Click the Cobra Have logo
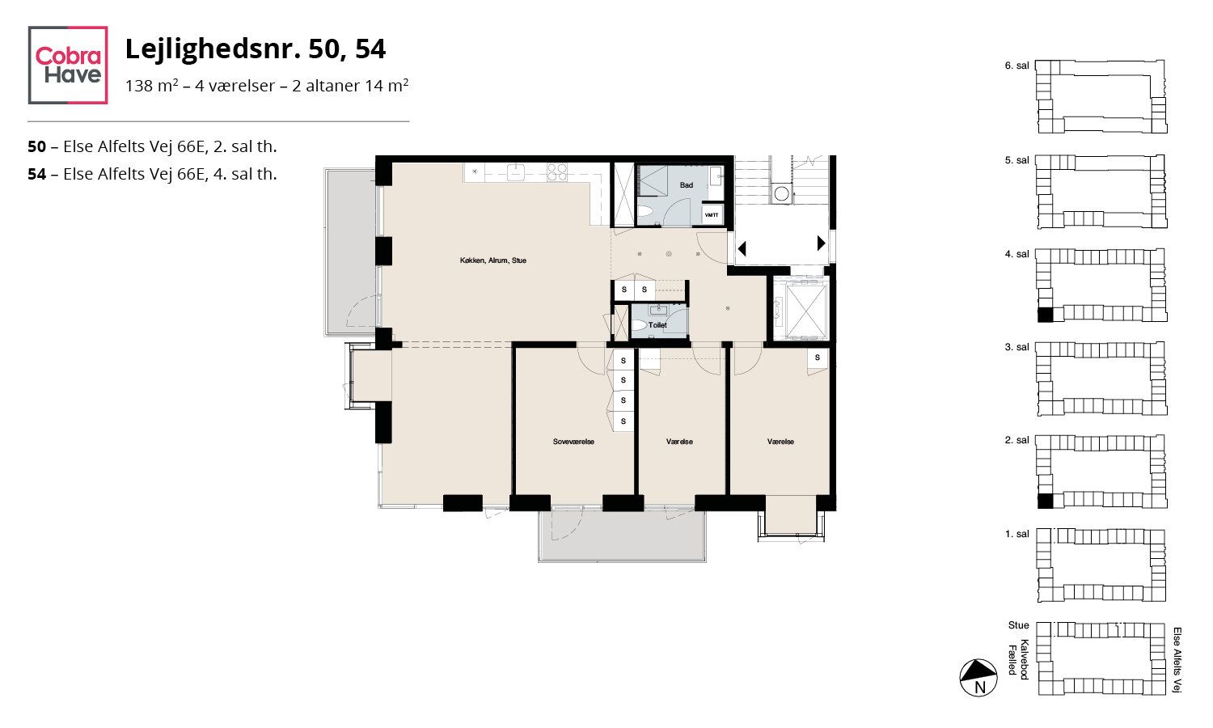pyautogui.click(x=68, y=65)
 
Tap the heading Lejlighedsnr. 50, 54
pyautogui.click(x=255, y=49)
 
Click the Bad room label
pyautogui.click(x=686, y=185)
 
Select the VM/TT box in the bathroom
pyautogui.click(x=712, y=215)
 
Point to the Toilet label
pyautogui.click(x=657, y=325)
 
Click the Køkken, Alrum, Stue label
pyautogui.click(x=492, y=260)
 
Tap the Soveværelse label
pyautogui.click(x=573, y=442)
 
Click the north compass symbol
pyautogui.click(x=978, y=678)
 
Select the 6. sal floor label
pyautogui.click(x=1016, y=66)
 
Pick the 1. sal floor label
pyautogui.click(x=1016, y=534)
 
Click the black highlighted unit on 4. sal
pyautogui.click(x=1045, y=315)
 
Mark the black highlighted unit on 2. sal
pyautogui.click(x=1045, y=501)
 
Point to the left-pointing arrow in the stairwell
pyautogui.click(x=742, y=248)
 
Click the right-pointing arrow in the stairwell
pyautogui.click(x=821, y=243)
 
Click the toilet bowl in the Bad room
pyautogui.click(x=645, y=214)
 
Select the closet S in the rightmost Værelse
pyautogui.click(x=817, y=358)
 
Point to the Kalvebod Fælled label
pyautogui.click(x=1018, y=660)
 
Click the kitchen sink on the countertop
pyautogui.click(x=516, y=172)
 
